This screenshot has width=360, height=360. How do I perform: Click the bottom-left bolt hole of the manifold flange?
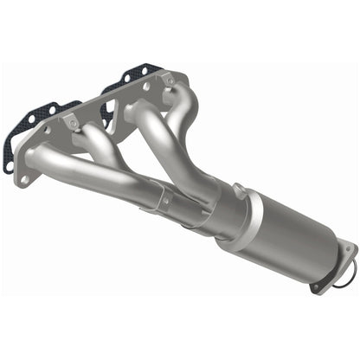(x=23, y=177)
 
